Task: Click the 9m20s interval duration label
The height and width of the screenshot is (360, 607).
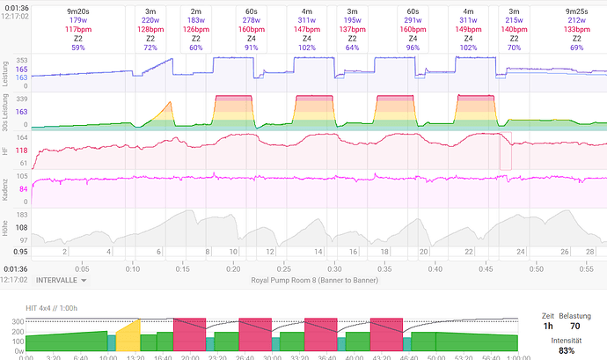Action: click(78, 10)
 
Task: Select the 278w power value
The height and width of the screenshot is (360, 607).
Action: click(252, 19)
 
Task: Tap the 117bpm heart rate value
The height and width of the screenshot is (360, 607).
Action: click(78, 29)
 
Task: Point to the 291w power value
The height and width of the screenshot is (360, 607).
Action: click(413, 19)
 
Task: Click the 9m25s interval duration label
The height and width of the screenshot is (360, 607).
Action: click(577, 10)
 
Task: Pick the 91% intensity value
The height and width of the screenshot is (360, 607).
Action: click(252, 48)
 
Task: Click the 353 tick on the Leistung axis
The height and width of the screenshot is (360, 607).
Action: click(22, 61)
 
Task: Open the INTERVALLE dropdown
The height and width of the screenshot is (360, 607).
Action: click(61, 280)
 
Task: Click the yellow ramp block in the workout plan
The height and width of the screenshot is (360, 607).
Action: click(128, 336)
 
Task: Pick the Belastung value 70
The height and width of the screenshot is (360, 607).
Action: click(574, 326)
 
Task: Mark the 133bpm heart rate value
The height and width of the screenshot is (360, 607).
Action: click(577, 29)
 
